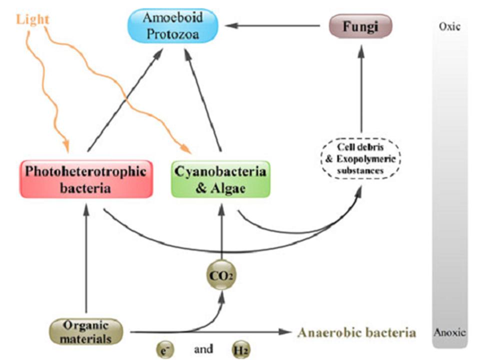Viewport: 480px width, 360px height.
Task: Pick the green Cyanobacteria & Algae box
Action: [220, 178]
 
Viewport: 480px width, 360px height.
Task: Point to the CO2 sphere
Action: [220, 274]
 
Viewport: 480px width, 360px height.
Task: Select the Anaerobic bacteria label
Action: [356, 332]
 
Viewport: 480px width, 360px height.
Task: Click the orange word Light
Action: [32, 19]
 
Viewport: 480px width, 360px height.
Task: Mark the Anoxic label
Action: [450, 331]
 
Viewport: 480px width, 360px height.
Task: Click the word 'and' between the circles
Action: [203, 348]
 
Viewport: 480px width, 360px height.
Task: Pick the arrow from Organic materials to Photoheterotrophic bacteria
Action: [86, 260]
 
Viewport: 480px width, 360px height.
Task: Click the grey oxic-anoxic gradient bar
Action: [449, 180]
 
